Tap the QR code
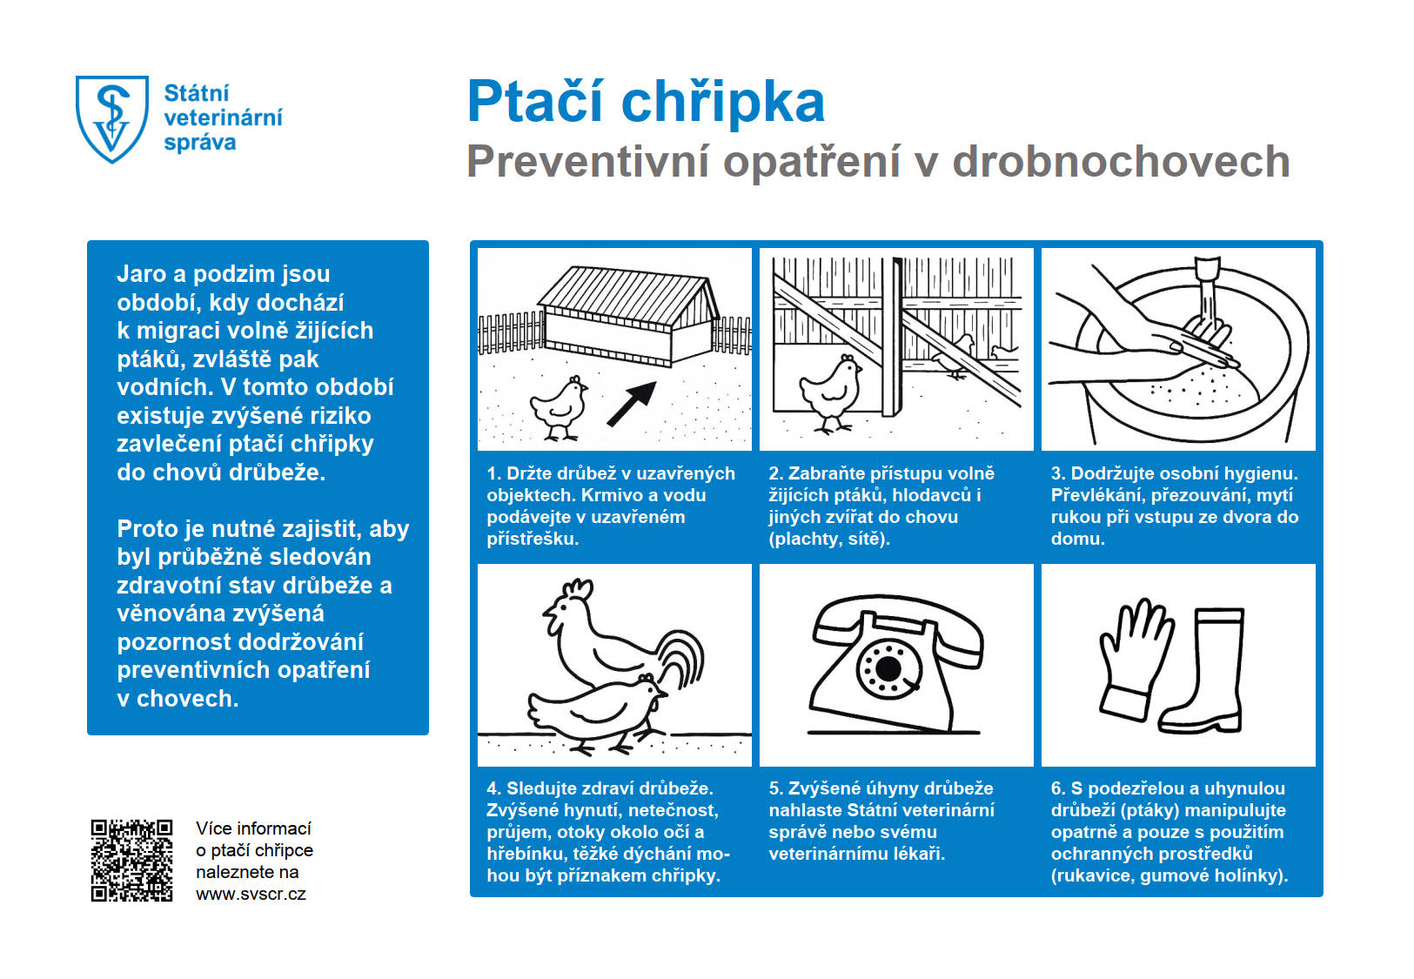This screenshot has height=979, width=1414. (x=131, y=860)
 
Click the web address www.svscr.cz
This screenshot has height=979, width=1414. (x=251, y=894)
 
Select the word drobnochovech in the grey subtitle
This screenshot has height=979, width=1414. (x=1121, y=162)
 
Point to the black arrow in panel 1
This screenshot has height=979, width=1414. (x=632, y=404)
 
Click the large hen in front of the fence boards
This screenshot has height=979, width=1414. (x=831, y=392)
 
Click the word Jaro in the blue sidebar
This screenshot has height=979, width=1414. (x=141, y=274)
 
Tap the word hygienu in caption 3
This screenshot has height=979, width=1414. (x=1261, y=473)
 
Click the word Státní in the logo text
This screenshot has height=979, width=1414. (x=197, y=93)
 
